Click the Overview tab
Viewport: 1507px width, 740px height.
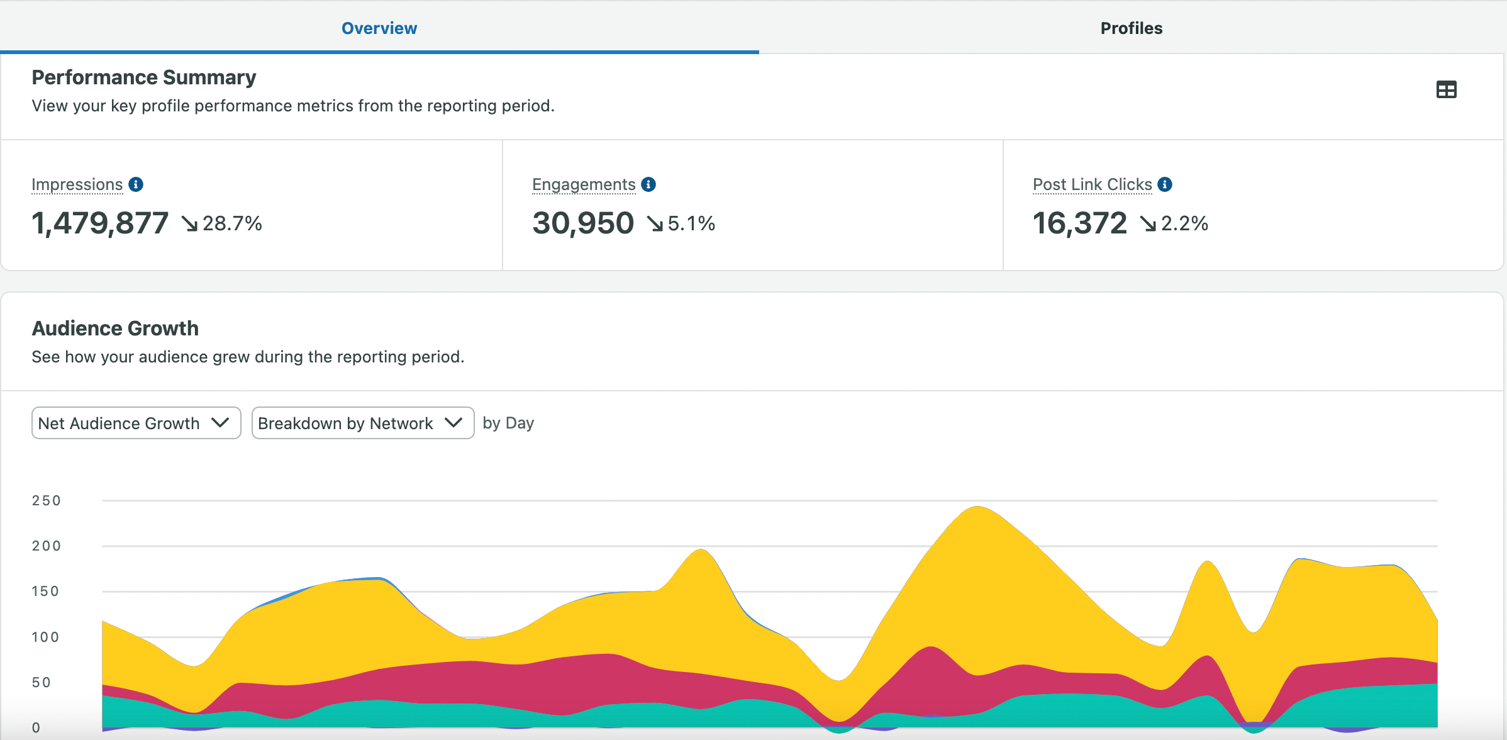(379, 28)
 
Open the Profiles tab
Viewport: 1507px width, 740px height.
(1131, 28)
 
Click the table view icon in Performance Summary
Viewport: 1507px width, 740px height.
(1446, 90)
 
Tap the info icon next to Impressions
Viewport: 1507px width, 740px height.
(136, 184)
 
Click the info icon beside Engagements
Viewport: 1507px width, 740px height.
(648, 184)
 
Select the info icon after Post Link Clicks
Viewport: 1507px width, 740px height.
(1165, 184)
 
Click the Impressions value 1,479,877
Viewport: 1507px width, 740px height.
(100, 223)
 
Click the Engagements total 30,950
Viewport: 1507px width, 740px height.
(582, 223)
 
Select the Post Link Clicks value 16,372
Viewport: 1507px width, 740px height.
(1079, 223)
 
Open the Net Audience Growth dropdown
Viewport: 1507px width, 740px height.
(136, 423)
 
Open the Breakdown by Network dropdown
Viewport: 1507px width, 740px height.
(362, 423)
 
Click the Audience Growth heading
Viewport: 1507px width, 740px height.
(115, 328)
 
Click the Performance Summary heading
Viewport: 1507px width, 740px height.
(143, 77)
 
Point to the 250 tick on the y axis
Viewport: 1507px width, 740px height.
(46, 501)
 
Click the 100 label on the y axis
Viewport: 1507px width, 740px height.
(45, 637)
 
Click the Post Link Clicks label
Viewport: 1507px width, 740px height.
(1092, 184)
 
